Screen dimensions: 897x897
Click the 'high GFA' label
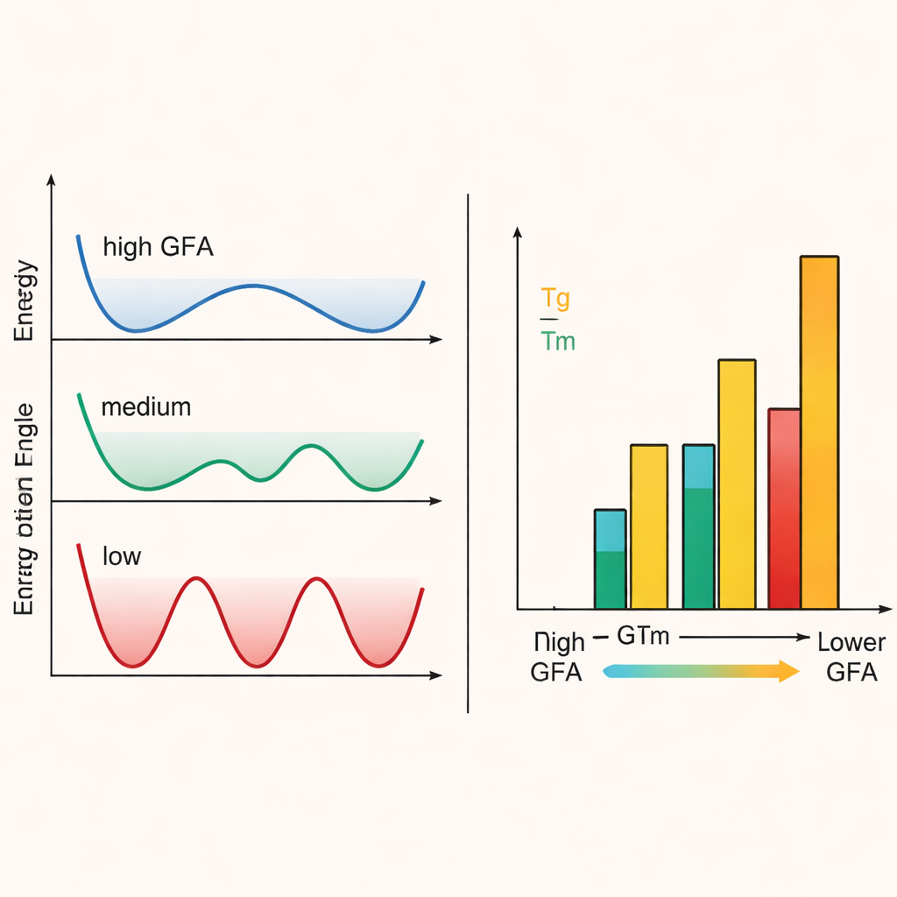coord(158,247)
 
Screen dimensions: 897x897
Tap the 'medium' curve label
coord(145,407)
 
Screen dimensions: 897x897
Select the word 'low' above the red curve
coord(122,556)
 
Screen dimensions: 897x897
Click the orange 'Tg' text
coord(555,299)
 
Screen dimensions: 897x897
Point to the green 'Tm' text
coord(558,341)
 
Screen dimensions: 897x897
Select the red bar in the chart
coord(784,508)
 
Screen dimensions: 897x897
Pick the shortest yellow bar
coord(649,526)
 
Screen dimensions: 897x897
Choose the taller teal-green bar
coord(698,526)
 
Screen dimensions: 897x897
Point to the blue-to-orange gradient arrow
coord(701,672)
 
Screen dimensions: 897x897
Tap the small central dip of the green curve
coord(260,478)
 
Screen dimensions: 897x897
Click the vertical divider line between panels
coord(469,456)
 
